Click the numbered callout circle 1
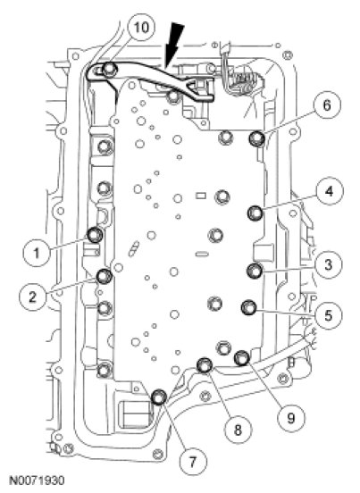(x=37, y=253)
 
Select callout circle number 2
(x=33, y=297)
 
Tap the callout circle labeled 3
(x=329, y=264)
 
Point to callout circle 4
(x=330, y=191)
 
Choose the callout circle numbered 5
(x=328, y=315)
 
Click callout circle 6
(x=327, y=104)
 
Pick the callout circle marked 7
(x=193, y=461)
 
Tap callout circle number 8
(x=238, y=429)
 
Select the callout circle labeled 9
(x=291, y=418)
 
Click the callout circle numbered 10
(x=141, y=28)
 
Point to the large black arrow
(x=173, y=45)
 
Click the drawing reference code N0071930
(x=38, y=480)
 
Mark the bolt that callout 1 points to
(x=95, y=235)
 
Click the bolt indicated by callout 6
(x=257, y=138)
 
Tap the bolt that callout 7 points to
(x=159, y=397)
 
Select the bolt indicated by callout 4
(x=255, y=213)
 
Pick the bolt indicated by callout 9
(x=242, y=358)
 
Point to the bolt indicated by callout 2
(x=105, y=276)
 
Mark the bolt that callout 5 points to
(x=249, y=307)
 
